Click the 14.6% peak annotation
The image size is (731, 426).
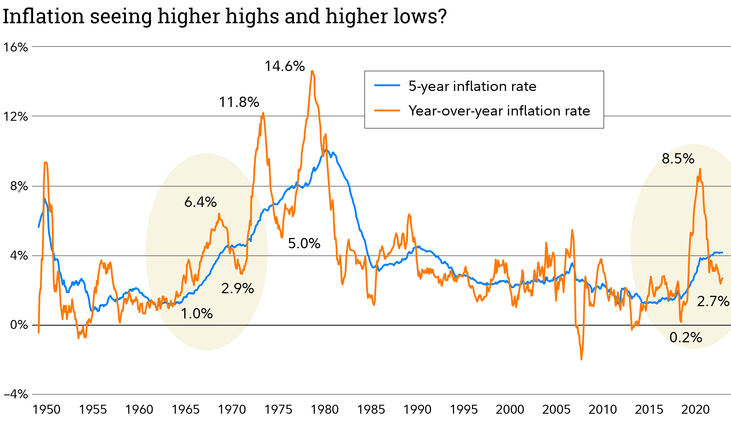click(285, 66)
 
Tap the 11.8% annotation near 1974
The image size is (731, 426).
click(239, 102)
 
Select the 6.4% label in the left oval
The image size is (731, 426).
click(200, 202)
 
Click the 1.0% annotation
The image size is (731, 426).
click(197, 314)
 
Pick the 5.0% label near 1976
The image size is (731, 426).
click(304, 243)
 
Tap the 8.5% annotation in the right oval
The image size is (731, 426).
click(678, 159)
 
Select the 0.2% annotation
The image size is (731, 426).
click(685, 337)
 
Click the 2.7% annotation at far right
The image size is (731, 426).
click(713, 301)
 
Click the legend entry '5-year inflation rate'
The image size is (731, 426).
click(472, 86)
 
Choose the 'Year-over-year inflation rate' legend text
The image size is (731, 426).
click(499, 111)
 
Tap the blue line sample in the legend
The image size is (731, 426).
click(387, 85)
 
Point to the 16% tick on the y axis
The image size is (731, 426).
click(16, 47)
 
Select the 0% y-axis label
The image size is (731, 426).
click(19, 325)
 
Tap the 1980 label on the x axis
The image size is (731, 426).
click(324, 410)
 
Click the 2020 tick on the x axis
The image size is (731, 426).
click(695, 410)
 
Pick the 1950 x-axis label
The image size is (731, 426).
click(46, 410)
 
